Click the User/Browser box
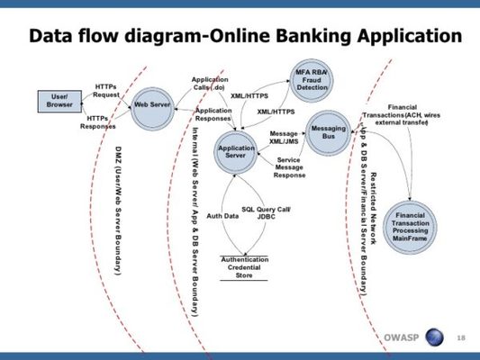(x=60, y=102)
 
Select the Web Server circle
(x=152, y=105)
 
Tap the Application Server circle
(x=236, y=151)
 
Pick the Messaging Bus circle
(x=328, y=134)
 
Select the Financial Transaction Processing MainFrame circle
(x=410, y=226)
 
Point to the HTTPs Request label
(x=105, y=91)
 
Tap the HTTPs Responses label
(x=98, y=122)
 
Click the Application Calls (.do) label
(x=210, y=84)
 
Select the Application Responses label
(x=213, y=114)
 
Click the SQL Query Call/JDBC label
(x=267, y=212)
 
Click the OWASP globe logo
(x=435, y=337)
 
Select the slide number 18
(x=462, y=337)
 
